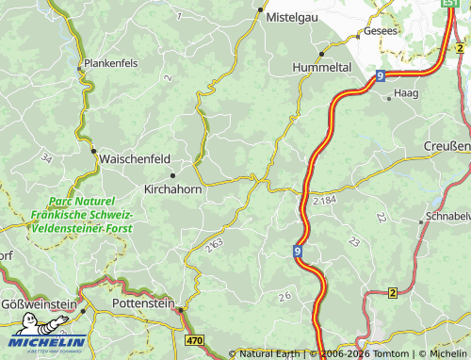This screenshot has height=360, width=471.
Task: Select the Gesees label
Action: click(x=380, y=31)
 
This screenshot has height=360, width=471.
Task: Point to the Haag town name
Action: click(x=405, y=94)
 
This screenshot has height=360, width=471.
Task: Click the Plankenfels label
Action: click(x=112, y=63)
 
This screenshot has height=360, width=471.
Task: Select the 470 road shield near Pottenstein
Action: click(x=195, y=339)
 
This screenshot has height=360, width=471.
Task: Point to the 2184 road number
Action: click(x=322, y=202)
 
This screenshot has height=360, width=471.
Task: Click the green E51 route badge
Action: click(x=451, y=4)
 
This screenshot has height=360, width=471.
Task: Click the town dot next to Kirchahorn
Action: click(x=172, y=175)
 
